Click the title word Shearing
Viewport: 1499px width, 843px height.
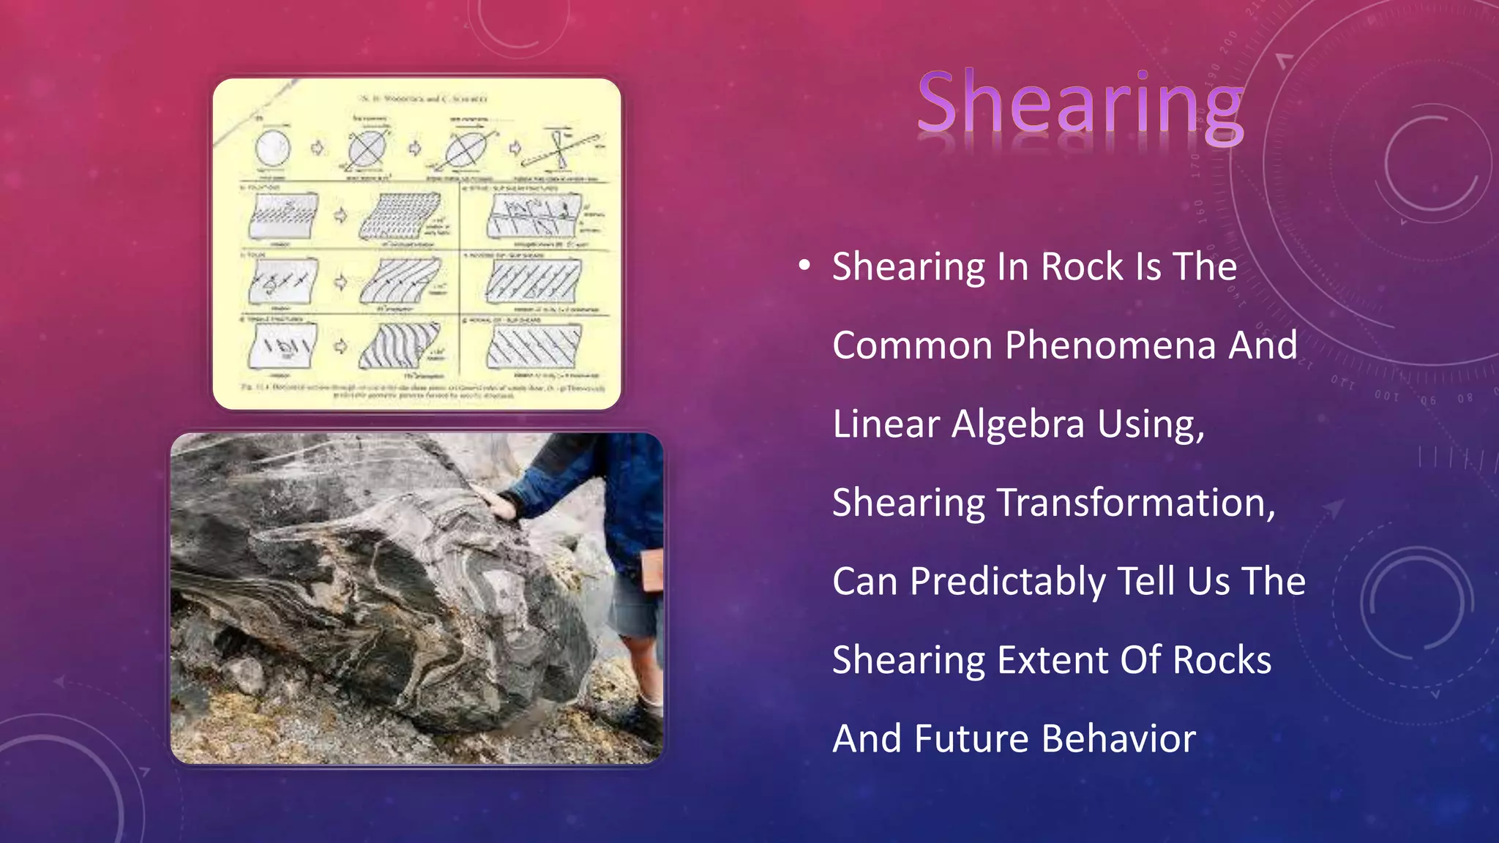pyautogui.click(x=1080, y=104)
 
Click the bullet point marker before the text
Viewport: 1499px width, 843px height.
pyautogui.click(x=804, y=266)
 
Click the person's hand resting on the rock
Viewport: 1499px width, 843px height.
pyautogui.click(x=497, y=503)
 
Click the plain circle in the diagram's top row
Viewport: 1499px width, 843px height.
pyautogui.click(x=272, y=149)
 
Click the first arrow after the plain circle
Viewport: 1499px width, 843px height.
pyautogui.click(x=318, y=149)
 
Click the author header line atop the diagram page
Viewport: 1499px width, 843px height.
pyautogui.click(x=424, y=98)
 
